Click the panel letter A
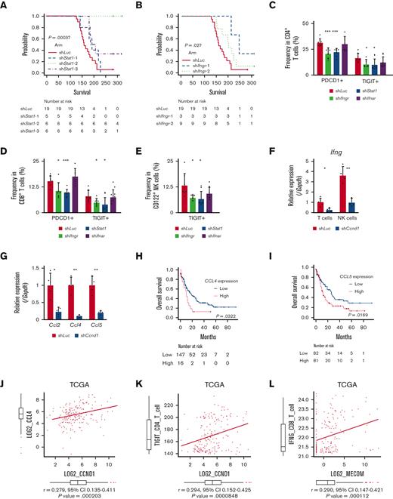pyautogui.click(x=7, y=5)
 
